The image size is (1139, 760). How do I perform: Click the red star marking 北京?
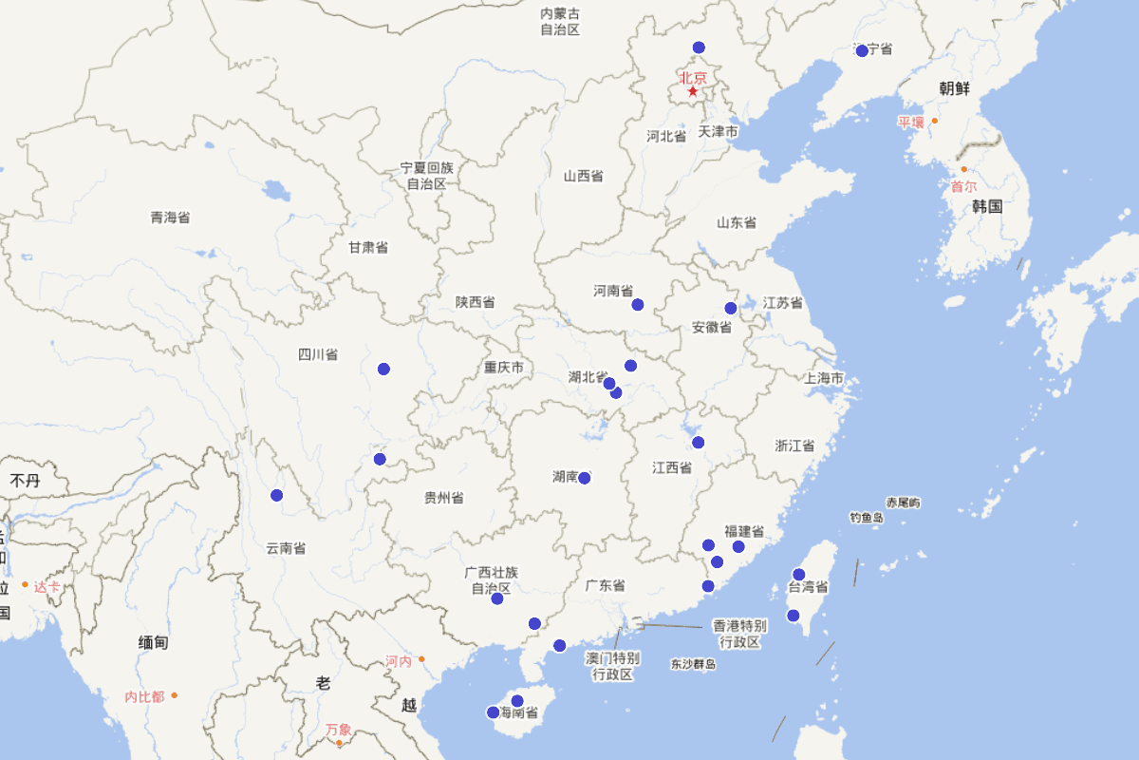coord(693,91)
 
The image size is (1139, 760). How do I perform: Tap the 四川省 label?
coord(318,355)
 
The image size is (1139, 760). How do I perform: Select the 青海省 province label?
coord(170,218)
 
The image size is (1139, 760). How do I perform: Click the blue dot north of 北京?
coord(699,47)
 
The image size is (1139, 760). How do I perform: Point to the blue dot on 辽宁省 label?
coord(862,51)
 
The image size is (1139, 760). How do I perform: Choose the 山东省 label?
coord(737,222)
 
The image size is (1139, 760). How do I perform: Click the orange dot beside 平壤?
coord(934,121)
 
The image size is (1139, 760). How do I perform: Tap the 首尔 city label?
coord(963,187)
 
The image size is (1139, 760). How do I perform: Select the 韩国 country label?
coord(987,206)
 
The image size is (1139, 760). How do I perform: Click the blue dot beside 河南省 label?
coord(638,305)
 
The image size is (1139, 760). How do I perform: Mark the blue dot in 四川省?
coord(383,369)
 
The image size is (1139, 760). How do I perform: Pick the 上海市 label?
coord(824,378)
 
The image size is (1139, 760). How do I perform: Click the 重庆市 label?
coord(503,368)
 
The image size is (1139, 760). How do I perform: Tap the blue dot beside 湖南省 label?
coord(585,478)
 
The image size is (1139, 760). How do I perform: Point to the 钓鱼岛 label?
coord(867,518)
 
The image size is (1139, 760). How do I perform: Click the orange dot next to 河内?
coord(421,658)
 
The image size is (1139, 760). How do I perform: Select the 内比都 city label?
coord(144,696)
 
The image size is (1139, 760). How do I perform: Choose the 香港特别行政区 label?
coord(739,634)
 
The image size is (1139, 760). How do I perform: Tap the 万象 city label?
coord(338,730)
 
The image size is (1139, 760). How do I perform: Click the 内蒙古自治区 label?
coord(560,22)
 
